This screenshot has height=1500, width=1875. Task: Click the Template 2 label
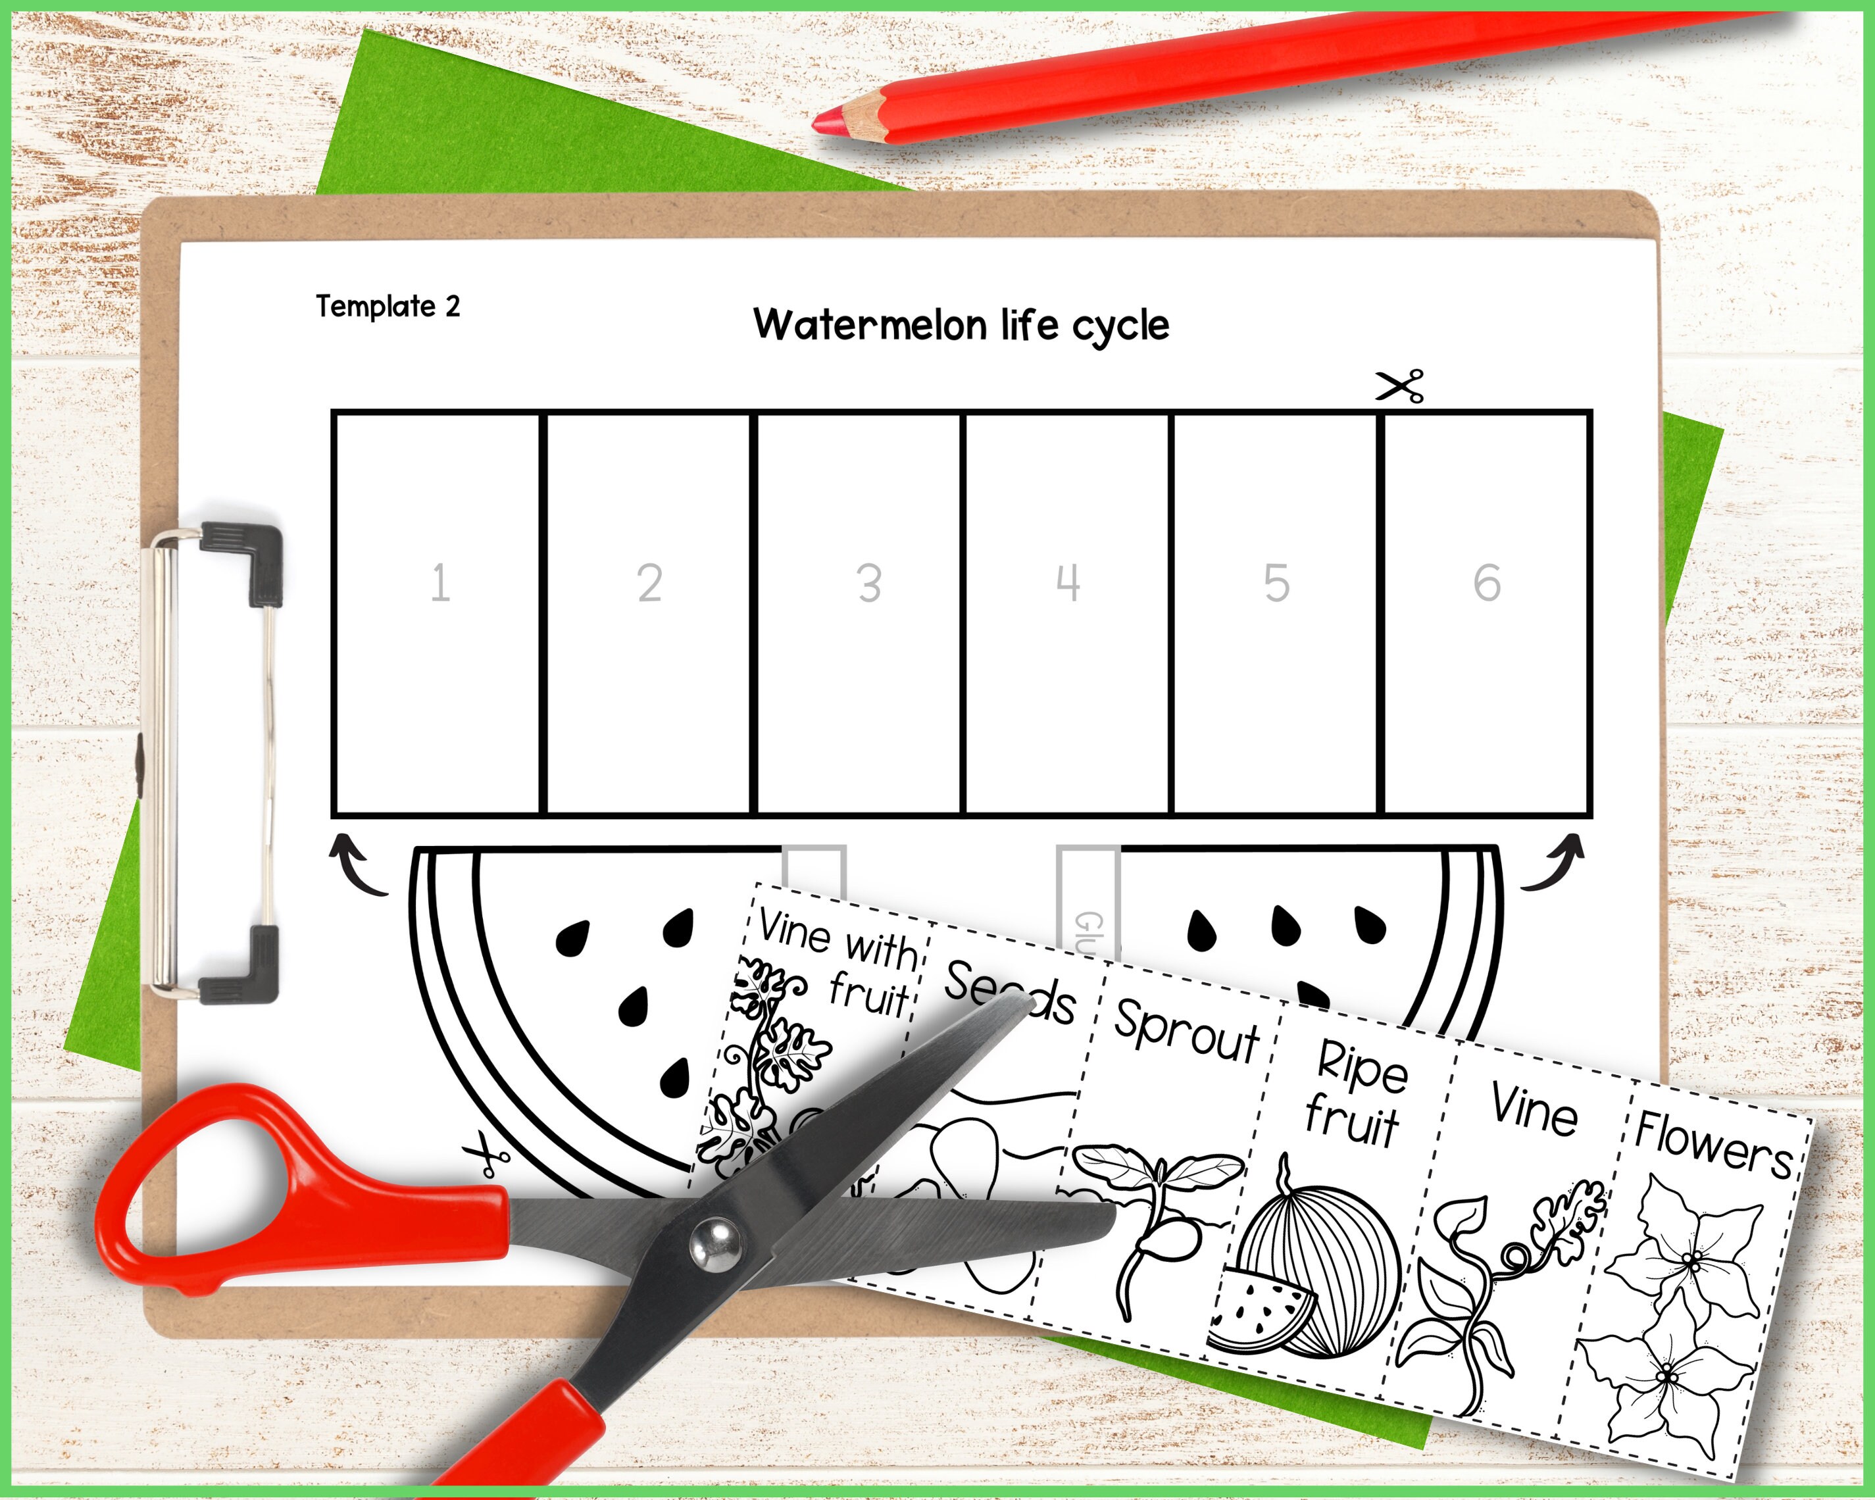[388, 306]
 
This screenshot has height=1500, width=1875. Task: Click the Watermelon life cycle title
[961, 325]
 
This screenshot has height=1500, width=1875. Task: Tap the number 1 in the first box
[440, 583]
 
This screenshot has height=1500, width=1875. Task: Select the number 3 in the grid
[869, 583]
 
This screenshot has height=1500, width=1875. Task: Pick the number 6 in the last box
[1486, 583]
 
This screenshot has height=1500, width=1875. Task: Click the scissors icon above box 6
[1399, 386]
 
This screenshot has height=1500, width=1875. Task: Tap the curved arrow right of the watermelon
[1554, 862]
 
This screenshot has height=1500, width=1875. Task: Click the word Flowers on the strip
[1713, 1143]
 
